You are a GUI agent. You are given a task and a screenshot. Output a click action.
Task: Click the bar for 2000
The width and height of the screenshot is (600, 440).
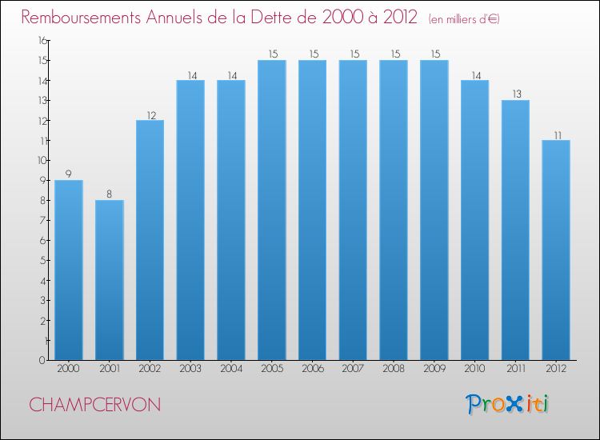pyautogui.click(x=69, y=270)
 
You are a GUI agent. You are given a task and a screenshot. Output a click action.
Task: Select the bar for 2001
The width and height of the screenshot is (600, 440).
pyautogui.click(x=110, y=279)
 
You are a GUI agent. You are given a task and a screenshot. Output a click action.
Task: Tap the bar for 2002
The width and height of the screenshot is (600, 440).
pyautogui.click(x=150, y=239)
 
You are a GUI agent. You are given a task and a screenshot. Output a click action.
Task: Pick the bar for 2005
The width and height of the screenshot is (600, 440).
pyautogui.click(x=272, y=210)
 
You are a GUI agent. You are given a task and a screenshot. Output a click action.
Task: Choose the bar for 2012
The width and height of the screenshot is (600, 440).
pyautogui.click(x=556, y=250)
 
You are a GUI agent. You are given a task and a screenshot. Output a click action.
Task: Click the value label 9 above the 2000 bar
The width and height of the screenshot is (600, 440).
pyautogui.click(x=69, y=174)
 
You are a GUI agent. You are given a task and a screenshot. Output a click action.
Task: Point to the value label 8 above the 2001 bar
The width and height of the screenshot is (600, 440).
pyautogui.click(x=110, y=194)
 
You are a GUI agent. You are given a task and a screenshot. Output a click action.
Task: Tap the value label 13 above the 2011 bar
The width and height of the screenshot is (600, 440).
pyautogui.click(x=515, y=94)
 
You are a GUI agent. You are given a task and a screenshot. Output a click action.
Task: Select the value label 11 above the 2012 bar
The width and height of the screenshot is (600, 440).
pyautogui.click(x=556, y=134)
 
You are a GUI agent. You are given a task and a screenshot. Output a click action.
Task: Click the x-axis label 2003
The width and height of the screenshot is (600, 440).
pyautogui.click(x=190, y=369)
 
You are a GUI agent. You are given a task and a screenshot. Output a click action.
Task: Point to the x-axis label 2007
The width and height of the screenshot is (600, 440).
pyautogui.click(x=353, y=369)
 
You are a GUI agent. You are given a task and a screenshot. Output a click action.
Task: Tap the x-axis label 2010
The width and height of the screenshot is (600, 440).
pyautogui.click(x=474, y=369)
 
